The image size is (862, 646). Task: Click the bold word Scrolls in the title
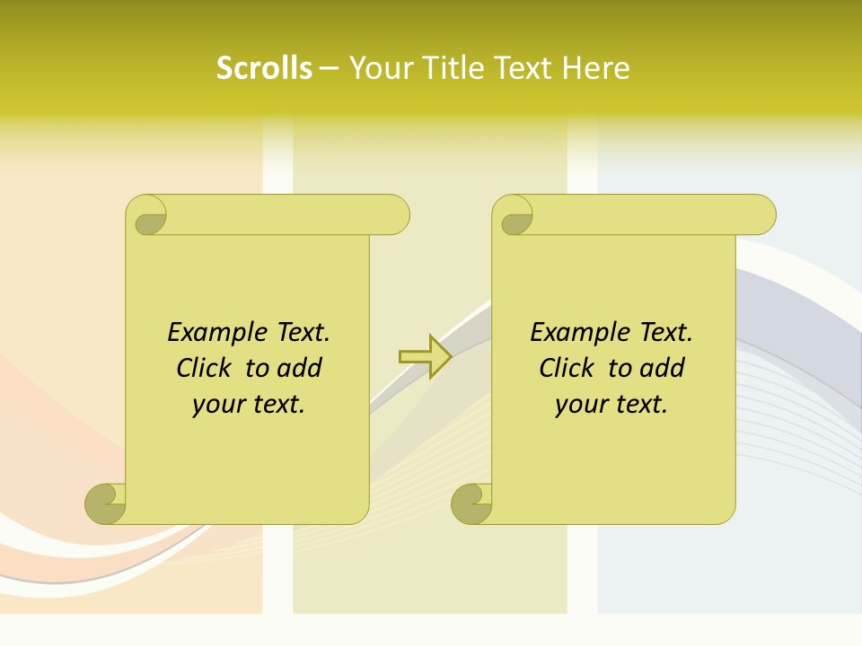264,68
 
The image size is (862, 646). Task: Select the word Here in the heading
596,68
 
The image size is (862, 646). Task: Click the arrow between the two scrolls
425,356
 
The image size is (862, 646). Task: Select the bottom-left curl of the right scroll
472,503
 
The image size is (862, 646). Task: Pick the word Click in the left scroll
206,369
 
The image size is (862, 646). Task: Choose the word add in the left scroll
301,369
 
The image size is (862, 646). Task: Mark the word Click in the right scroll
568,369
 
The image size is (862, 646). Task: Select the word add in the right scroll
664,369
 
